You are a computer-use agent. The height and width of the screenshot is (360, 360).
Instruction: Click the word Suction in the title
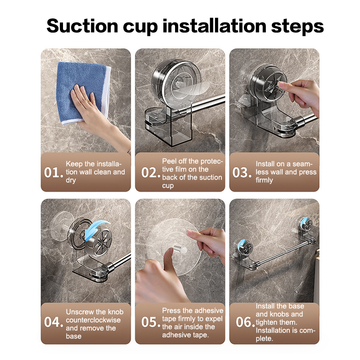click(82, 26)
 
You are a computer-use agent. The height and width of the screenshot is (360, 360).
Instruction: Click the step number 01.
click(54, 173)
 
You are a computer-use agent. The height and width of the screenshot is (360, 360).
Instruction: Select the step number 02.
click(151, 173)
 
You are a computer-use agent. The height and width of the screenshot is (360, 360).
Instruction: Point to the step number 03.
click(242, 173)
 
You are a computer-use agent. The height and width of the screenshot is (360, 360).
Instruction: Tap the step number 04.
click(54, 322)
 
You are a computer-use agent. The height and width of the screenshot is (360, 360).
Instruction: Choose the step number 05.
click(151, 322)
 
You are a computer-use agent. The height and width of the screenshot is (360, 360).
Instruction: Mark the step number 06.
click(245, 322)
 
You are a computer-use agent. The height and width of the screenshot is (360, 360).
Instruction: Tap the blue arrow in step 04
click(96, 229)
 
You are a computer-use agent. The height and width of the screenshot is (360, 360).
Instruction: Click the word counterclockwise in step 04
click(93, 320)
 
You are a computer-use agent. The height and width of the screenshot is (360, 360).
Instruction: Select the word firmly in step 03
click(264, 180)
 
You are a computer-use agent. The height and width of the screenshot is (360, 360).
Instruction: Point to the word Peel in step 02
click(170, 161)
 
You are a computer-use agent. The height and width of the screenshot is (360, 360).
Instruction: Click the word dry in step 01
click(71, 180)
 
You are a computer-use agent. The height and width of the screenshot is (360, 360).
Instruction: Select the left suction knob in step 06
click(245, 248)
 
